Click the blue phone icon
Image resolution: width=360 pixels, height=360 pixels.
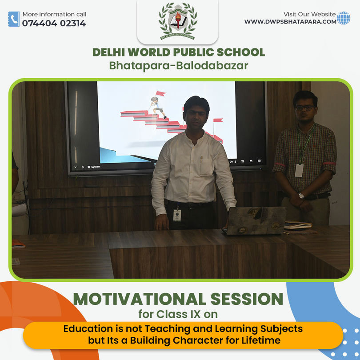(14, 19)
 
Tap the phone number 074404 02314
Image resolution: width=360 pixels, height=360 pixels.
(54, 23)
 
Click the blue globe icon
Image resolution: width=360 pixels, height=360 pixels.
(344, 18)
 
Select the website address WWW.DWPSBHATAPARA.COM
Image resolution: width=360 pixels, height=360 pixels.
(290, 22)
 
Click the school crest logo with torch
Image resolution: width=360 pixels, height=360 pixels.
(178, 21)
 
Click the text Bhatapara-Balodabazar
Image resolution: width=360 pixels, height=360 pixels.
(179, 65)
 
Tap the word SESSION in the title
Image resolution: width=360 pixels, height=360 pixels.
(247, 299)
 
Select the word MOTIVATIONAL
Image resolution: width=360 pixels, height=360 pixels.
(140, 299)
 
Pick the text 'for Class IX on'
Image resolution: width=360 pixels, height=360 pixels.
(178, 314)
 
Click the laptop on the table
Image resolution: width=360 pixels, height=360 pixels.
(254, 220)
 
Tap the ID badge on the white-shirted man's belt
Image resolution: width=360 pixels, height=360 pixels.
(177, 215)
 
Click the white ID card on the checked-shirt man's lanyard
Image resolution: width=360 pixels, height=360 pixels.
(299, 170)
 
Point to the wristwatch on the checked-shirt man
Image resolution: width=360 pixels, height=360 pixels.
(301, 196)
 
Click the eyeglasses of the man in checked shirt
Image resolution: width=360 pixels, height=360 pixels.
(304, 108)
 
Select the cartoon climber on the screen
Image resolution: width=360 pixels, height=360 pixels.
(157, 107)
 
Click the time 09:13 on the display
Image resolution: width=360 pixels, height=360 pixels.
(233, 162)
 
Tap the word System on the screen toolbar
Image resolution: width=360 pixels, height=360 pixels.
(96, 167)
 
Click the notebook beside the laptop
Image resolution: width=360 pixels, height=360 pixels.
(298, 225)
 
